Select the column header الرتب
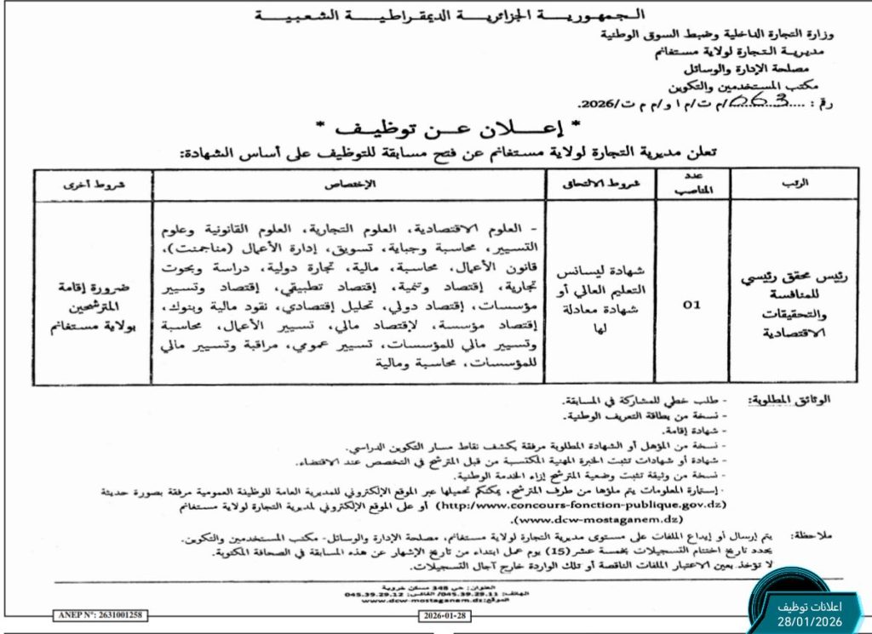781,183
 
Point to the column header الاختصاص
352,183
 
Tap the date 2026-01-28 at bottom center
445,614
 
